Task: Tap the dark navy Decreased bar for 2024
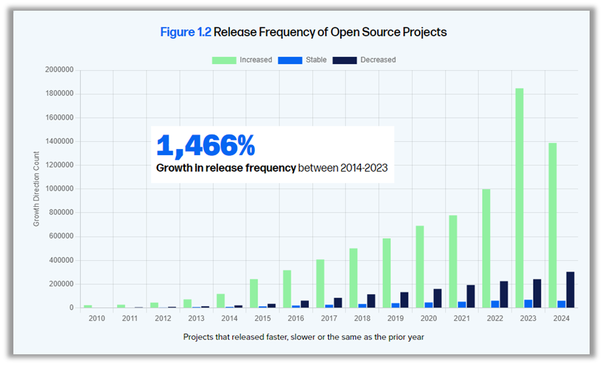point(570,289)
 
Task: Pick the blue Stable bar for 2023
point(528,303)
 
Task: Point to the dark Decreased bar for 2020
point(437,298)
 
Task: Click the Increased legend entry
point(242,60)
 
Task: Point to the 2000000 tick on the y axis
point(59,70)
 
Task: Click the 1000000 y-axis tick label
point(59,189)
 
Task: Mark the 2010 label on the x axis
point(97,318)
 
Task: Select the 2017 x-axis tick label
point(329,318)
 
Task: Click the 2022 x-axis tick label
point(495,318)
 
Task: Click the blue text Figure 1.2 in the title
point(185,32)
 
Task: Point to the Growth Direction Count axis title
point(37,189)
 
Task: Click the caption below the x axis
point(304,337)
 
